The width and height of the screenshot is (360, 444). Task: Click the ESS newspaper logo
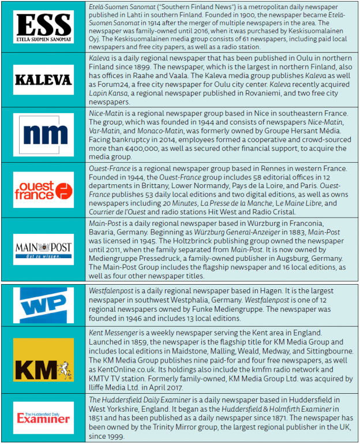(x=44, y=27)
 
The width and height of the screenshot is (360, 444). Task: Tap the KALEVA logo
(x=44, y=80)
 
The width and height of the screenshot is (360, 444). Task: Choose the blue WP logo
(x=44, y=304)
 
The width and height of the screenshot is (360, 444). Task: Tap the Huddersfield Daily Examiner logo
(x=44, y=417)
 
